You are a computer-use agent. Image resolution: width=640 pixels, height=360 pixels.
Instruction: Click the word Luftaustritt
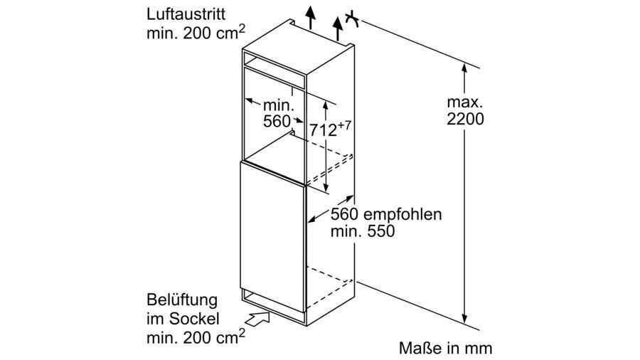186,14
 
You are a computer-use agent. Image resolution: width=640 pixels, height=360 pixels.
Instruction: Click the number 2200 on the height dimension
465,119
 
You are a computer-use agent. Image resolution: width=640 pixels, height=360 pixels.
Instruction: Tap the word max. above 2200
465,102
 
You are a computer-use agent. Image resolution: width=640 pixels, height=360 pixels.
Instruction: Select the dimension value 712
323,130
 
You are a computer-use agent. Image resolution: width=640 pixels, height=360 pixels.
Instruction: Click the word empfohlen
402,214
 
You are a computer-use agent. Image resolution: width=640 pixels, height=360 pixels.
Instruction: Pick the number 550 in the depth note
381,231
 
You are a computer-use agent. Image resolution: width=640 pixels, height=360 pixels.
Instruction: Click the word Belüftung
182,300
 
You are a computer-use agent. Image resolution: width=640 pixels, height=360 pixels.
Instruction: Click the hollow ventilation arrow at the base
258,318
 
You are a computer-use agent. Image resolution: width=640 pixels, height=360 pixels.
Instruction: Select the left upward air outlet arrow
311,18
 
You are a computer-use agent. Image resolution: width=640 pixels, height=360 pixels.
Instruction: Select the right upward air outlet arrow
338,28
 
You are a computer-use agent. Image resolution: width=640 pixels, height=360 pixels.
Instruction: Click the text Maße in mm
445,348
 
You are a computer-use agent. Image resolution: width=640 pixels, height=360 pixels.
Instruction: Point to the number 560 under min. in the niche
277,121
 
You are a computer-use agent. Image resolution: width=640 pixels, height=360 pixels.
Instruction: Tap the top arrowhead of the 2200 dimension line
464,68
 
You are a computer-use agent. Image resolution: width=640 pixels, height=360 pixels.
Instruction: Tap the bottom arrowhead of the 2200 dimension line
464,318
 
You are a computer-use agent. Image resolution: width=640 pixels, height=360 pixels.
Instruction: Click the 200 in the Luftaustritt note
197,33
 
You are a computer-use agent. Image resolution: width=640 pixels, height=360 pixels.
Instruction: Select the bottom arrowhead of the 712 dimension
325,187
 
